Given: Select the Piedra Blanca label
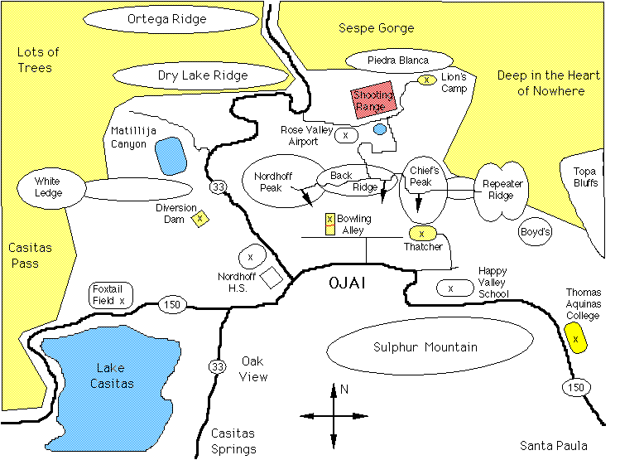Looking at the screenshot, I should click(x=398, y=60).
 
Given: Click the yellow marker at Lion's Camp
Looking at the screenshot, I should click(x=426, y=80).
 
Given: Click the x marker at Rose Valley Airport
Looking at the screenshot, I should click(x=346, y=134).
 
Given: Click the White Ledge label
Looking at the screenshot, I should click(x=48, y=187).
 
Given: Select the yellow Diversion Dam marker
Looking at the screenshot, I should click(x=199, y=219).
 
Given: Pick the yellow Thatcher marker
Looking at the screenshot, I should click(x=422, y=234).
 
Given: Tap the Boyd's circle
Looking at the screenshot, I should click(x=535, y=233).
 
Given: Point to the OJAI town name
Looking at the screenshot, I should click(x=347, y=284).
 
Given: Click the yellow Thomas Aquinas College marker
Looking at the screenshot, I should click(x=576, y=339).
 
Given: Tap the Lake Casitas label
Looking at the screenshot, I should click(x=115, y=377).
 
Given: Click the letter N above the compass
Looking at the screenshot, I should click(x=344, y=389).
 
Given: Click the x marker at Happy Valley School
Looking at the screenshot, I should click(x=449, y=288).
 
